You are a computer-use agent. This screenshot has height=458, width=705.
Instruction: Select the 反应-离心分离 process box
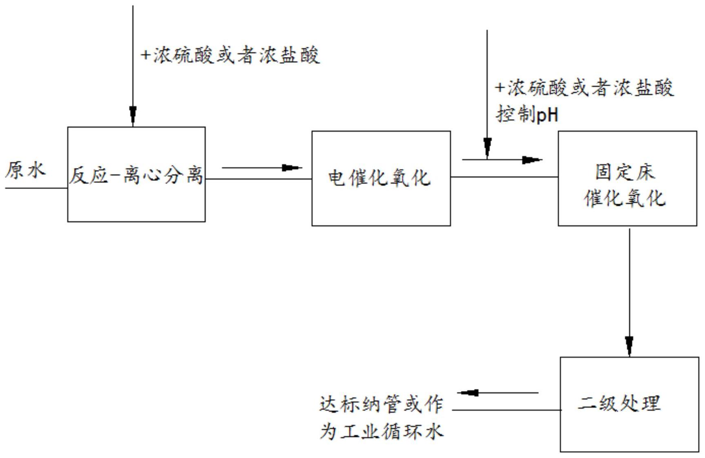pos(136,175)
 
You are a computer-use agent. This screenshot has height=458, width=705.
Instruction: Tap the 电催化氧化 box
pos(381,178)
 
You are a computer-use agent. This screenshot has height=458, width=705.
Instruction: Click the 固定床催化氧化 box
pos(627,178)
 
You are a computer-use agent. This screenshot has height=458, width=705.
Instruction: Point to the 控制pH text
pos(527,115)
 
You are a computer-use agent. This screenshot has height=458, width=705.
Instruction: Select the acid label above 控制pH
pos(585,88)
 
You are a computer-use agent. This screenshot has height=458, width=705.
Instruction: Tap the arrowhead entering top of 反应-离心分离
pos(133,114)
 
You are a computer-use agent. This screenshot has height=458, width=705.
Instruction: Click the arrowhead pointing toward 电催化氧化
pos(292,167)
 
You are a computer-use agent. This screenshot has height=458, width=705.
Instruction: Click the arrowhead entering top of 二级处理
pos(629,345)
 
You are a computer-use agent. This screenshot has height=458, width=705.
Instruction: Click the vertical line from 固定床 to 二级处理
pos(629,286)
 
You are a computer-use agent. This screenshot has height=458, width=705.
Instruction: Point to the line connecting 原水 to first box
pos(37,188)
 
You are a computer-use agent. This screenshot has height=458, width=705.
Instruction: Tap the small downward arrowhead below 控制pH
pos(487,147)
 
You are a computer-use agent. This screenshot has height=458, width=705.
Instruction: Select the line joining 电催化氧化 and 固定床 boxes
pos(504,177)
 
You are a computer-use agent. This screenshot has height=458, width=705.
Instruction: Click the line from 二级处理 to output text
pos(506,410)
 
